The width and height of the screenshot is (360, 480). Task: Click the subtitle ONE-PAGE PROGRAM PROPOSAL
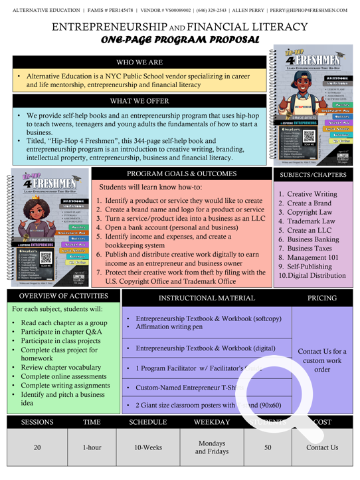point(179,40)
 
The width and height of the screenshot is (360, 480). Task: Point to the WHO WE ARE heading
point(140,62)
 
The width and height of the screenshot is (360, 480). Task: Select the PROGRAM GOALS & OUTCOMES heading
point(181,174)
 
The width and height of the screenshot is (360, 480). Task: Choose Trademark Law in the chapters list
point(311,221)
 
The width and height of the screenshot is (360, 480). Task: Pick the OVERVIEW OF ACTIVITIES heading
point(63,296)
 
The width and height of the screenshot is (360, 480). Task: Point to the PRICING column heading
point(321,299)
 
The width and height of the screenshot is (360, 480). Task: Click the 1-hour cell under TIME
point(92,447)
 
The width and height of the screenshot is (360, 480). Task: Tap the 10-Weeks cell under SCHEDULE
point(148,447)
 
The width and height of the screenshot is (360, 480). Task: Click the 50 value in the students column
point(268,447)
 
